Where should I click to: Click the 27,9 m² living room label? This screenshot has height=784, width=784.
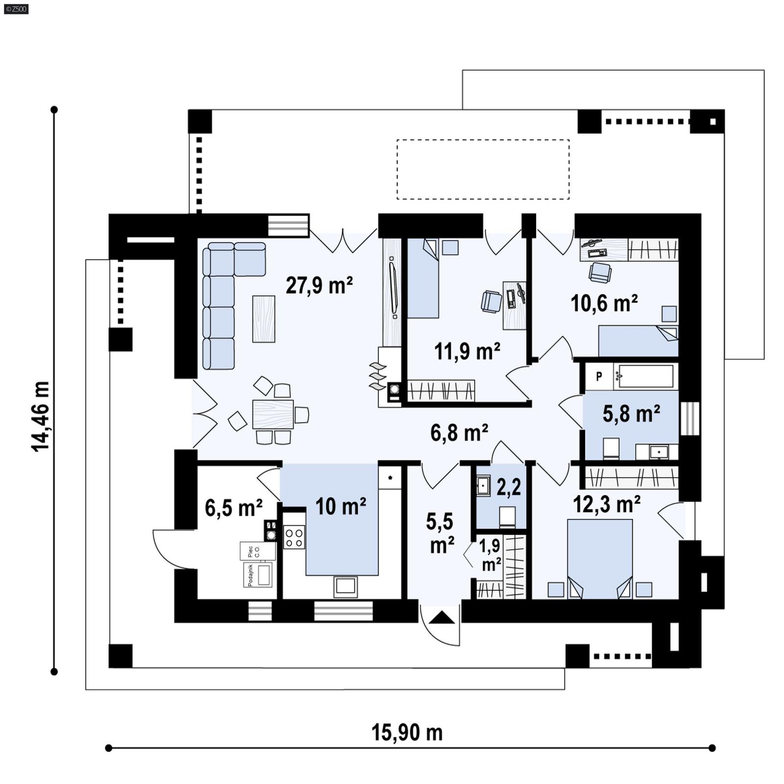pyautogui.click(x=319, y=285)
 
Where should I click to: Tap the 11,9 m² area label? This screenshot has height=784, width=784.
pyautogui.click(x=467, y=351)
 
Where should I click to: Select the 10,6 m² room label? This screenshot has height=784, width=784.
pyautogui.click(x=604, y=303)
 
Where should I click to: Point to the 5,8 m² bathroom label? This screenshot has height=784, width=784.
pyautogui.click(x=631, y=414)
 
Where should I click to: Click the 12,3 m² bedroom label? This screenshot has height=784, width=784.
pyautogui.click(x=607, y=504)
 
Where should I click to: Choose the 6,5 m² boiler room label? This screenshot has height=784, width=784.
pyautogui.click(x=233, y=508)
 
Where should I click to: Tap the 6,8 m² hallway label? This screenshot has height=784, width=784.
pyautogui.click(x=459, y=433)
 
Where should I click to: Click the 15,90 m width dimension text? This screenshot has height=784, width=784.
pyautogui.click(x=407, y=733)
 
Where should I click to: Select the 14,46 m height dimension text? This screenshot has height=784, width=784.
pyautogui.click(x=41, y=416)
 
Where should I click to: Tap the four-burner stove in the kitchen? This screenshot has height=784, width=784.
pyautogui.click(x=294, y=537)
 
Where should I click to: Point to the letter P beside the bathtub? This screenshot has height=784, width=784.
pyautogui.click(x=599, y=377)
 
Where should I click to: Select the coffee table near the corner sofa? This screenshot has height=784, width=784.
pyautogui.click(x=264, y=319)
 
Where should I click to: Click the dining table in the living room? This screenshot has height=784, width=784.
pyautogui.click(x=273, y=415)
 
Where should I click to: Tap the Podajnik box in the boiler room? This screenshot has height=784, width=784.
pyautogui.click(x=258, y=575)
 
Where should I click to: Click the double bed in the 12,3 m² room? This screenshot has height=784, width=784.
pyautogui.click(x=600, y=559)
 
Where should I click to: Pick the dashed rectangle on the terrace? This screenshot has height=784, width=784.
pyautogui.click(x=483, y=170)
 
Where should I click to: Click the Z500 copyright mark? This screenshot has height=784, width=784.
pyautogui.click(x=16, y=8)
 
